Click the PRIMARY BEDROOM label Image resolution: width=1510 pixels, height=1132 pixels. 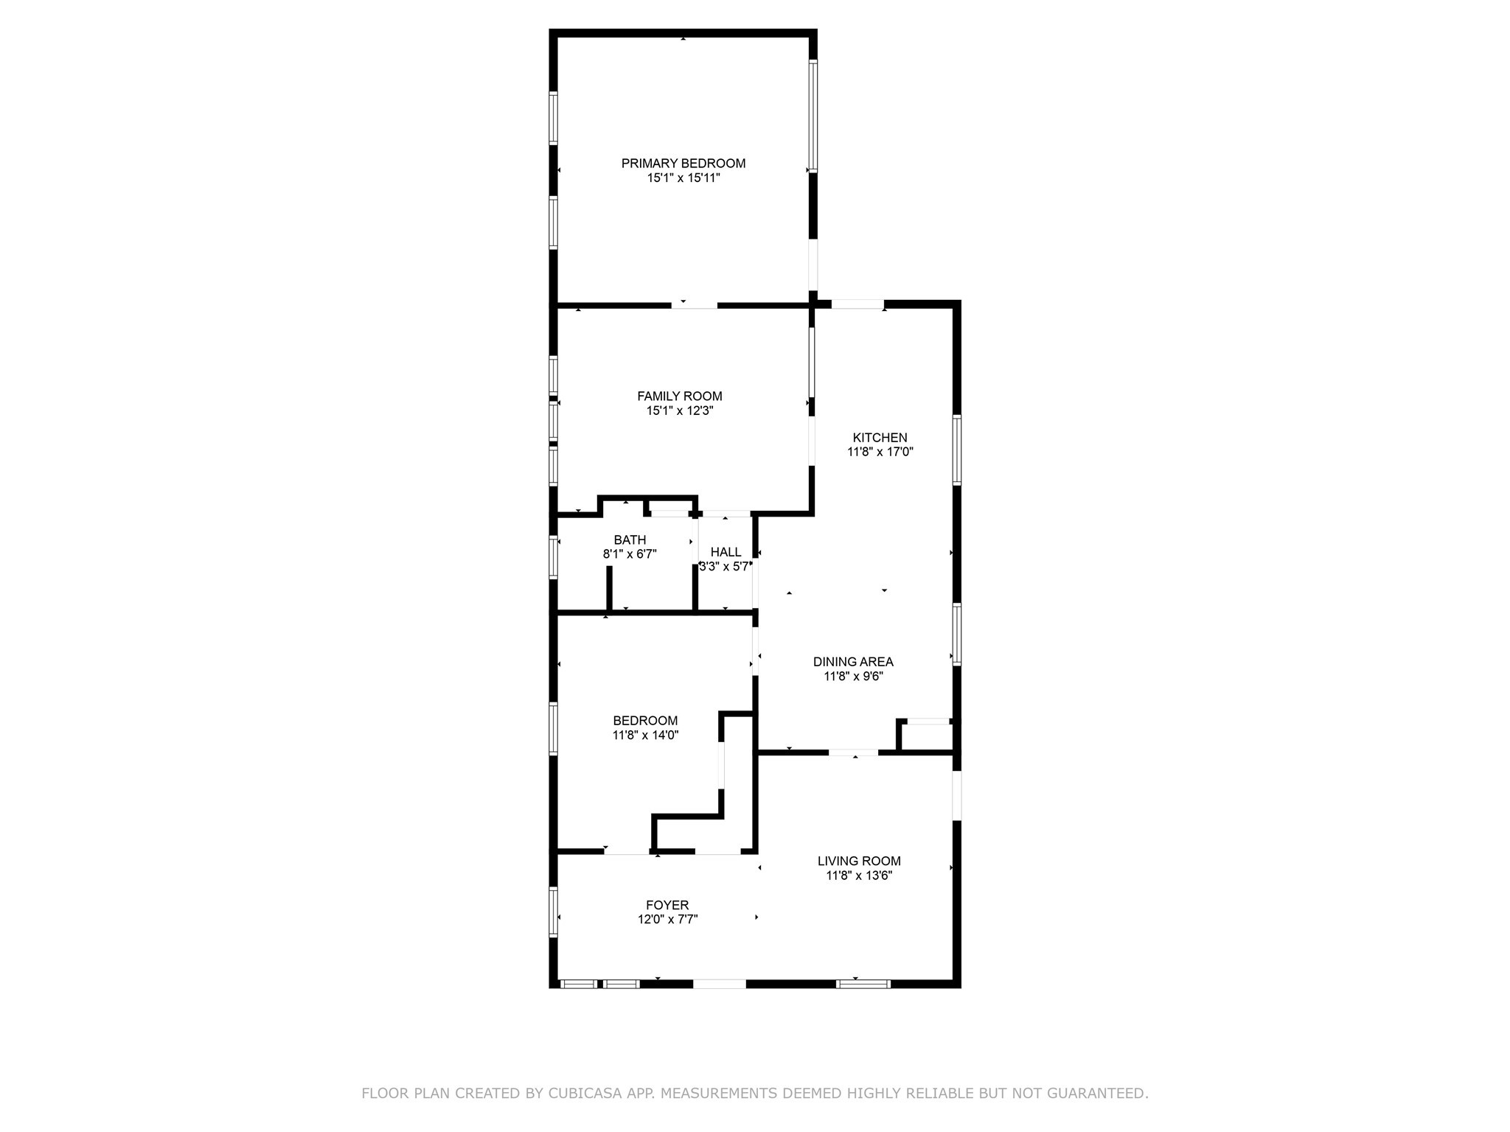point(683,164)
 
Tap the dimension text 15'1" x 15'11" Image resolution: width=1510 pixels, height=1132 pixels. point(683,178)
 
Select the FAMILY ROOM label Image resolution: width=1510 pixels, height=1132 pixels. point(679,396)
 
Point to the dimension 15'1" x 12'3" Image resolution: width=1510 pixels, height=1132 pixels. point(679,411)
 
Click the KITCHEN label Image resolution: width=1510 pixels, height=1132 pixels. point(880,438)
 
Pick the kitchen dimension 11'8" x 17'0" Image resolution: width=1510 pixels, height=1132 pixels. point(880,453)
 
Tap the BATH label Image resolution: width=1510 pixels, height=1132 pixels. point(630,540)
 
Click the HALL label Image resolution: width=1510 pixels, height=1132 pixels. point(726,552)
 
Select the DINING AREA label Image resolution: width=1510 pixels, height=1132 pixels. point(853,662)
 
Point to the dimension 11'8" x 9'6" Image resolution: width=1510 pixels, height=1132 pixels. point(853,677)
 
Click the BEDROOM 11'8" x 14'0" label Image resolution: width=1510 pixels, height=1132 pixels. point(645,721)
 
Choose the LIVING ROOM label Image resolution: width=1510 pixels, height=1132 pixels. point(859,861)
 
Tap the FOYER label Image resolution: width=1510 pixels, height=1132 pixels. point(667,905)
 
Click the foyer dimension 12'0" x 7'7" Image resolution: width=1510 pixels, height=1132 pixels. point(667,920)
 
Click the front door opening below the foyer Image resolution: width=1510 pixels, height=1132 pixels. point(719,983)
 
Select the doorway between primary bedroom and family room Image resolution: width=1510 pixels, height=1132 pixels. point(694,304)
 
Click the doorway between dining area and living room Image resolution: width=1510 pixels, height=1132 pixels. point(853,752)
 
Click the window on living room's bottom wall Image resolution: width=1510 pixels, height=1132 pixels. point(863,983)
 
